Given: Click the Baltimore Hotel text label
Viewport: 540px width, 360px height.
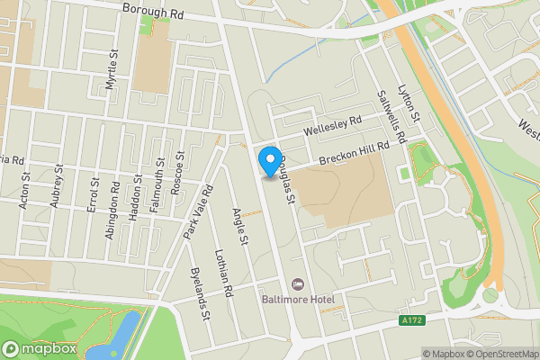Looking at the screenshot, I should [296, 298].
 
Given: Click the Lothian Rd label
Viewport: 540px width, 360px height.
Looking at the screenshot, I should [223, 275].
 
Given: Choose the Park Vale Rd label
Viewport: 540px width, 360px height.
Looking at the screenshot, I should [196, 212].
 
